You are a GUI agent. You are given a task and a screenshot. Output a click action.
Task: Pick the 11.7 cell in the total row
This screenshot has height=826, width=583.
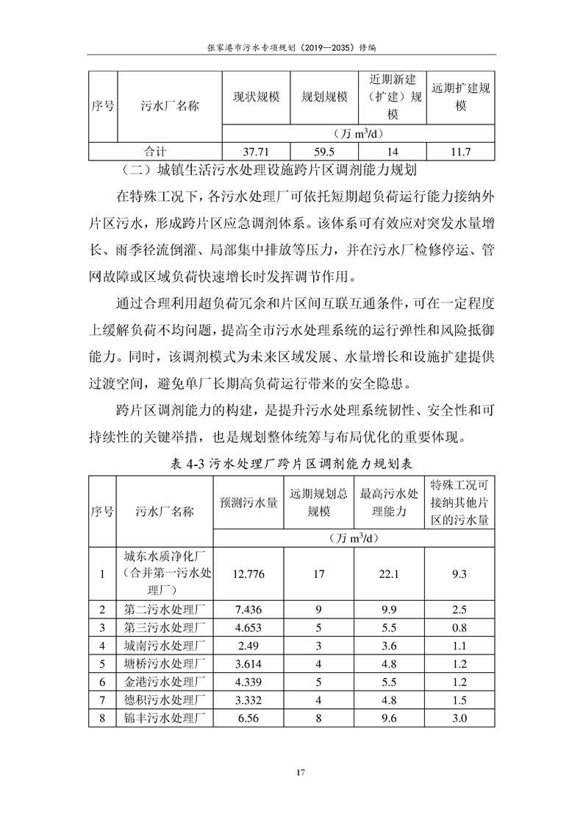[x=461, y=152]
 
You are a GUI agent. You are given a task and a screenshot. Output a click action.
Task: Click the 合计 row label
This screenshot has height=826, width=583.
[x=154, y=152]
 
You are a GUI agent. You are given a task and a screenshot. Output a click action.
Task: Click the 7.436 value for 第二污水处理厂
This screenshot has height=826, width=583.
[x=248, y=609]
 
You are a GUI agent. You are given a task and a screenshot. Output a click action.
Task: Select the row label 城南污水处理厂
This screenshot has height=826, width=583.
[x=164, y=646]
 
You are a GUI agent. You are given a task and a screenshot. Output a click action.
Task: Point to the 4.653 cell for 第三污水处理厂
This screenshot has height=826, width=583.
[x=248, y=627]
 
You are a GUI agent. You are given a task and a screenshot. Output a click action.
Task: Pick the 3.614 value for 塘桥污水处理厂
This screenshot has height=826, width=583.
[x=248, y=663]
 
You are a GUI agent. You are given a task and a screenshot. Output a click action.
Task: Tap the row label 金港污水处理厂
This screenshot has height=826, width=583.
[x=164, y=682]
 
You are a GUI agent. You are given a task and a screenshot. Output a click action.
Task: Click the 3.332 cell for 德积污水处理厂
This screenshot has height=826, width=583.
[x=248, y=699]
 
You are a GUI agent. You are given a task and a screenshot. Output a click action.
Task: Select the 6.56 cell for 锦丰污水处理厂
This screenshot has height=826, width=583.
[x=248, y=718]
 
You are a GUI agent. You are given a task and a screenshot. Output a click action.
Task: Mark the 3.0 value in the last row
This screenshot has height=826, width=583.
[x=460, y=718]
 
